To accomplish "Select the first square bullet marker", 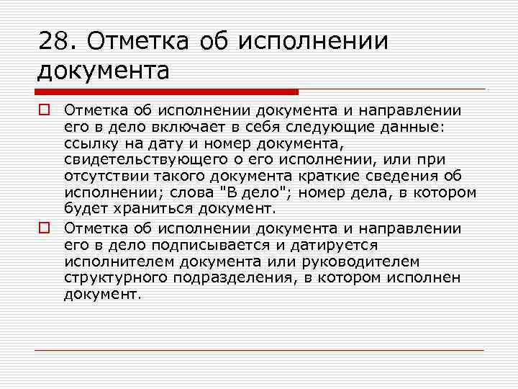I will pyautogui.click(x=44, y=110).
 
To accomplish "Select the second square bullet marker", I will pyautogui.click(x=44, y=228).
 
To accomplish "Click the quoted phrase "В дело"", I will pyautogui.click(x=258, y=192).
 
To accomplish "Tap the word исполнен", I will pyautogui.click(x=427, y=278).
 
